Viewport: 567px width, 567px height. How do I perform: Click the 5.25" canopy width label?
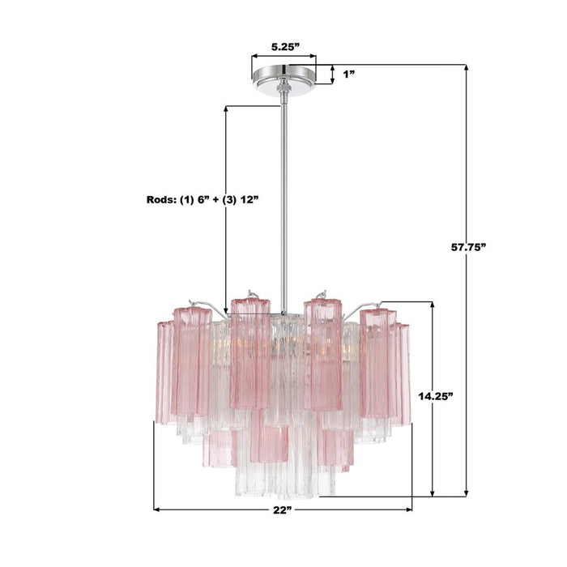(x=282, y=48)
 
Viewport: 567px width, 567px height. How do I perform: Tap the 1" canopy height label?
(x=349, y=74)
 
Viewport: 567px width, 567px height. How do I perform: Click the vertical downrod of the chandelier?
(x=283, y=202)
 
